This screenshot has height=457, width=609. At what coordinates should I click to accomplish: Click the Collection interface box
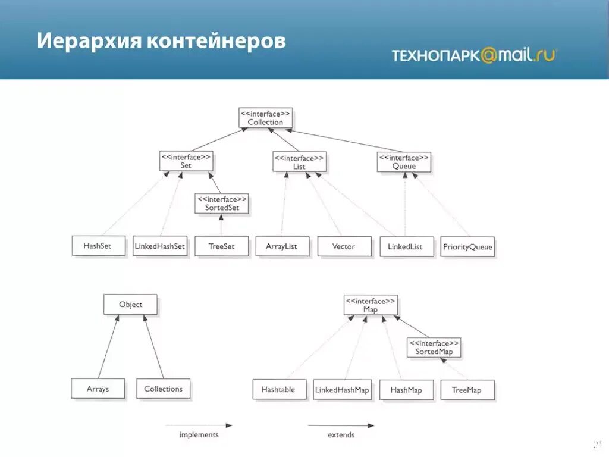[x=265, y=117]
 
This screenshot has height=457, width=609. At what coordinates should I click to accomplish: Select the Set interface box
[x=186, y=161]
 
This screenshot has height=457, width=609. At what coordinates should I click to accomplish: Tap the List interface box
[x=299, y=162]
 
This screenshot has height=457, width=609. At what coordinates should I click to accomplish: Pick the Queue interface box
[x=403, y=162]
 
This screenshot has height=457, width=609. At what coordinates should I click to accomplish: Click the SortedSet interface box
[x=221, y=204]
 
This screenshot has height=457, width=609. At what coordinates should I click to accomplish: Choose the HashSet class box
[x=99, y=246]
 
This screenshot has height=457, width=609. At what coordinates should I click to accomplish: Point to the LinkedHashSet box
[x=159, y=246]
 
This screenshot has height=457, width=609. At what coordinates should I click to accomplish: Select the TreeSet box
[x=221, y=246]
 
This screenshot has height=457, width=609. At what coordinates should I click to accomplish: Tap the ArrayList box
[x=282, y=246]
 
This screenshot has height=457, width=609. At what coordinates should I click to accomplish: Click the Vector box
[x=344, y=246]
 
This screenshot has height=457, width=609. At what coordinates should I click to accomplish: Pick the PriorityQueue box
[x=468, y=247]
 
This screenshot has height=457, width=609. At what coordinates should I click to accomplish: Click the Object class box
[x=130, y=304]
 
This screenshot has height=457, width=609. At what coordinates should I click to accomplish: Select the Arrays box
[x=98, y=389]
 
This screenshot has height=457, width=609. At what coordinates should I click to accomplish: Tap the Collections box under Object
[x=163, y=389]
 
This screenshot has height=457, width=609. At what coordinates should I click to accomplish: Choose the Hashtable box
[x=278, y=389]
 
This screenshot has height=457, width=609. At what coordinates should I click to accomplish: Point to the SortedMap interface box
[x=434, y=348]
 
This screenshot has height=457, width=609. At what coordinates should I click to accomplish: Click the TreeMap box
[x=467, y=390]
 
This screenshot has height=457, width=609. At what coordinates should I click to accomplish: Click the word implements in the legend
[x=199, y=435]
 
